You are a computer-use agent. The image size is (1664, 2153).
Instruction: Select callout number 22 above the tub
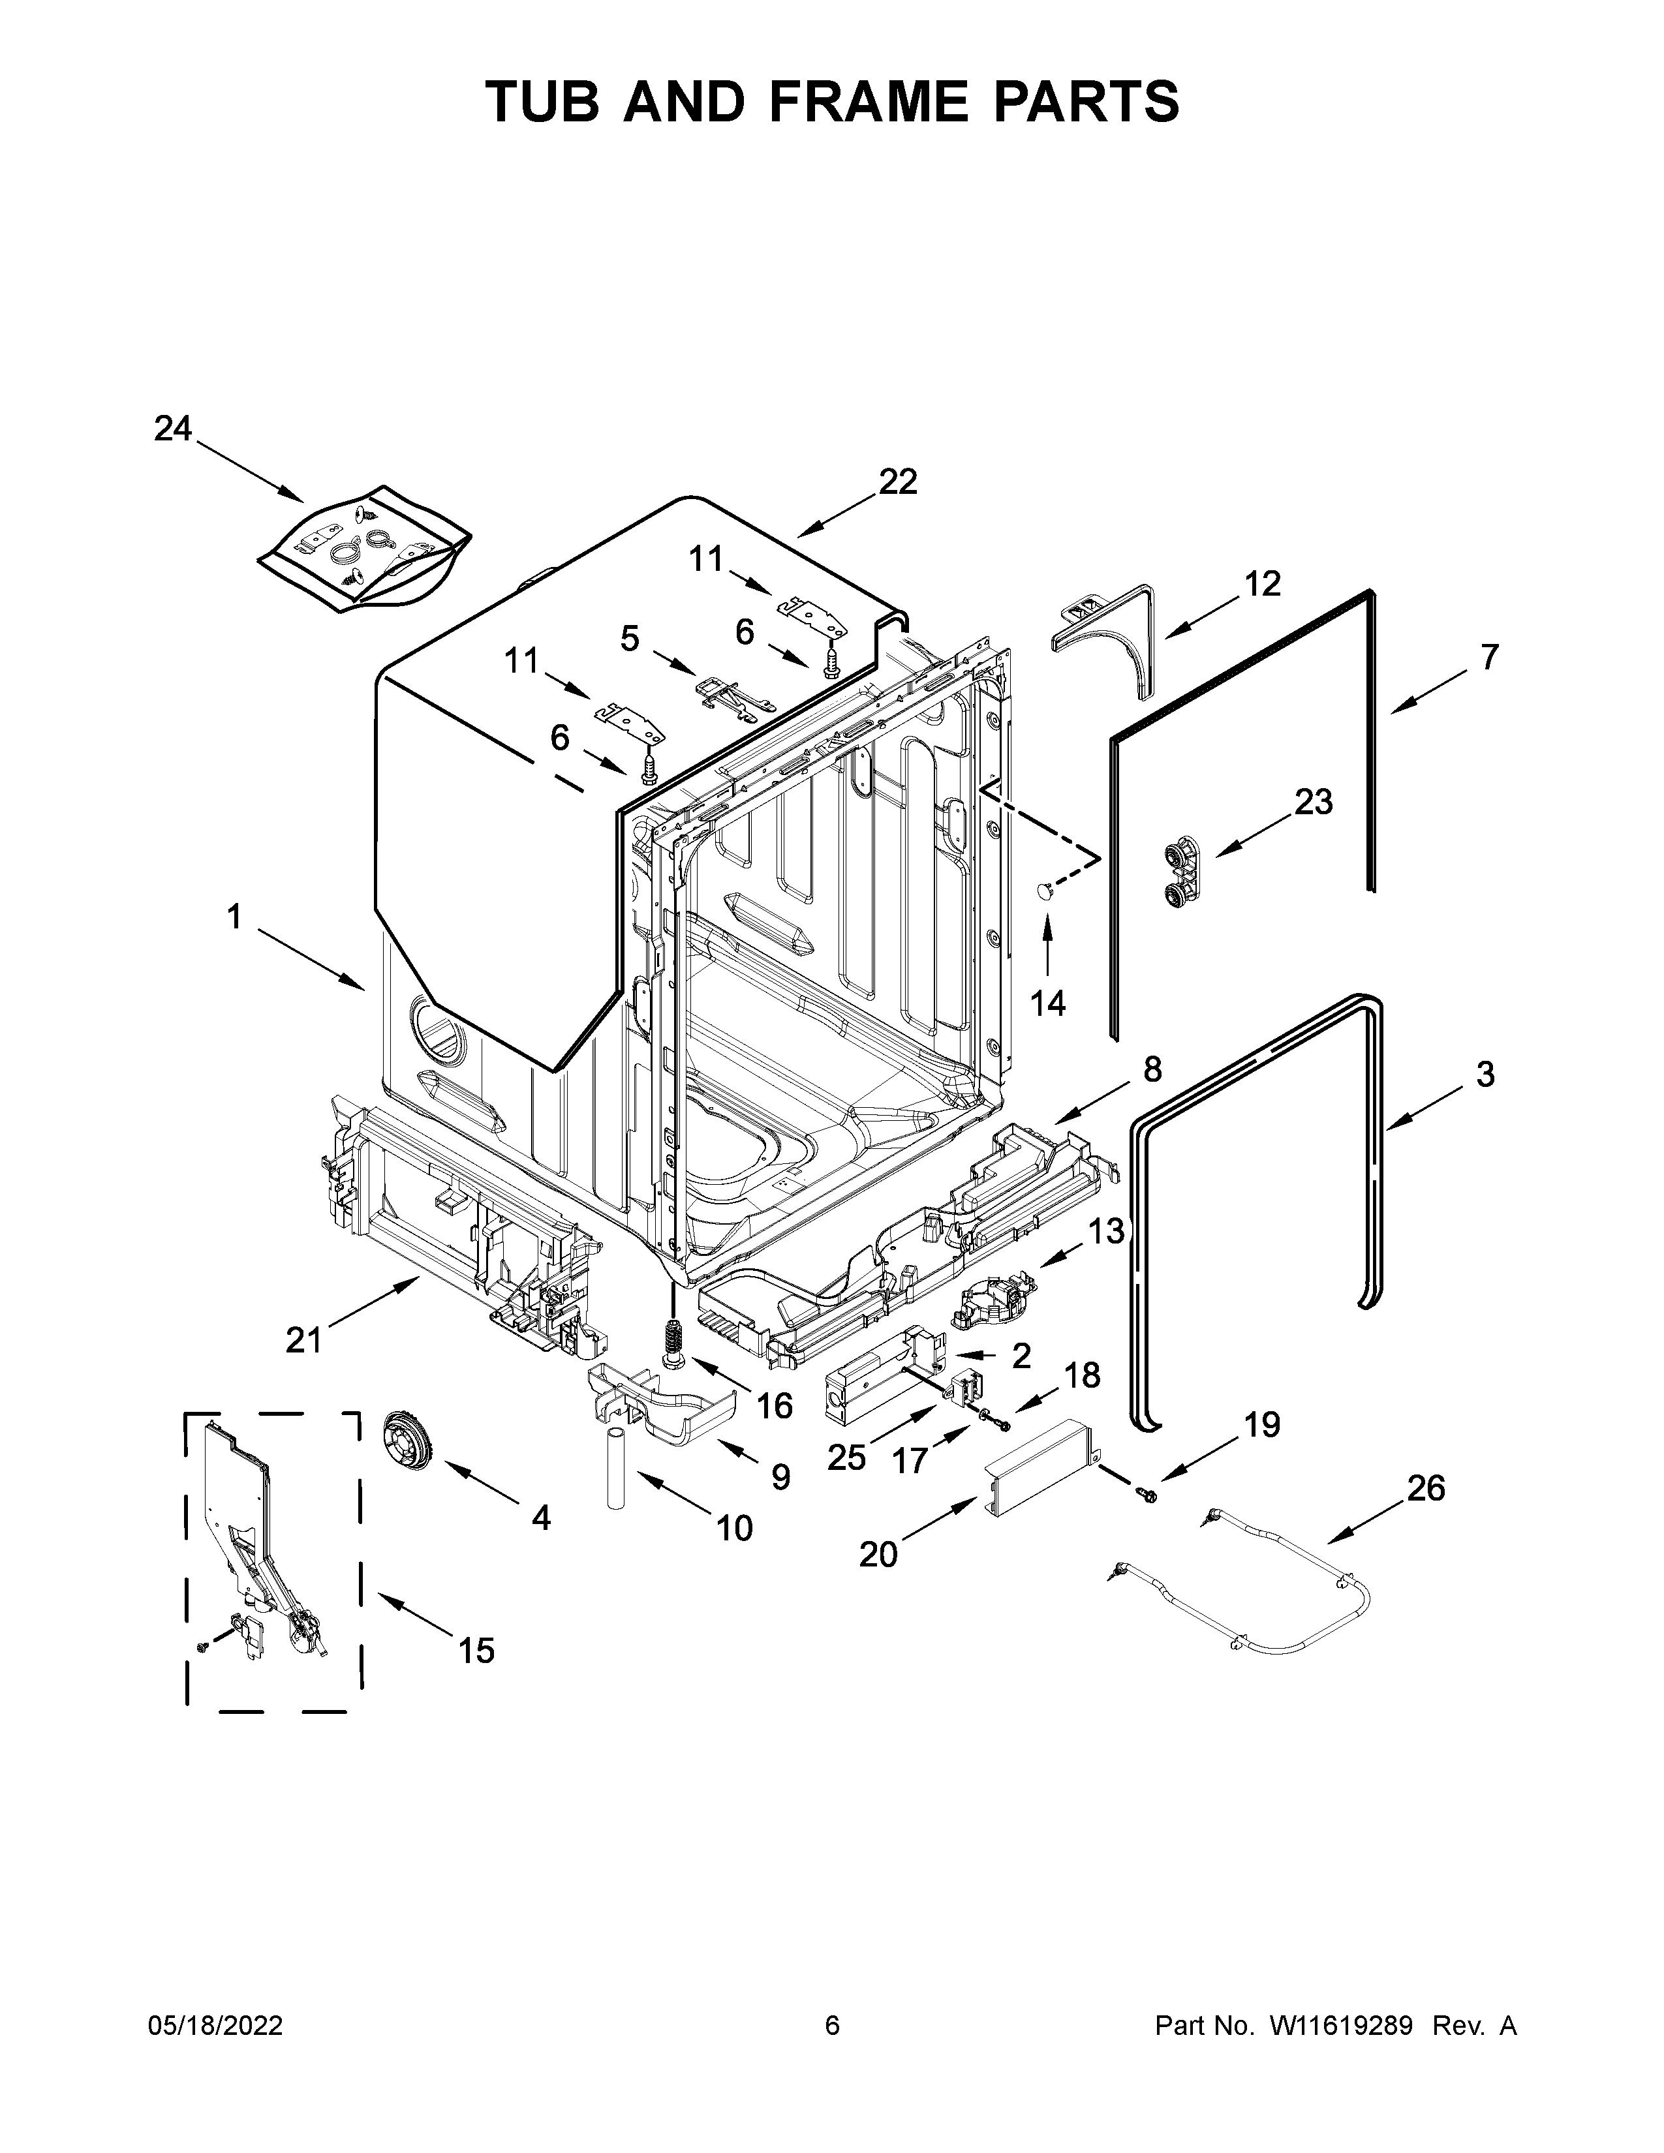click(x=897, y=482)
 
